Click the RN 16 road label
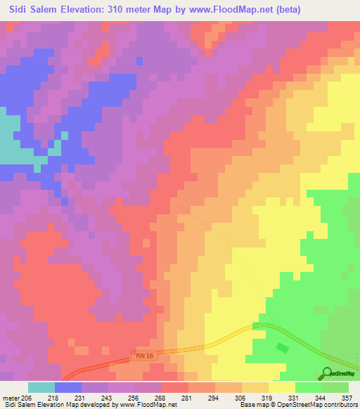tap(141, 356)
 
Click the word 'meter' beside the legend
tap(12, 397)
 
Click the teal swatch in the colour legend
tap(41, 387)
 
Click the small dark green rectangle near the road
tap(283, 348)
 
